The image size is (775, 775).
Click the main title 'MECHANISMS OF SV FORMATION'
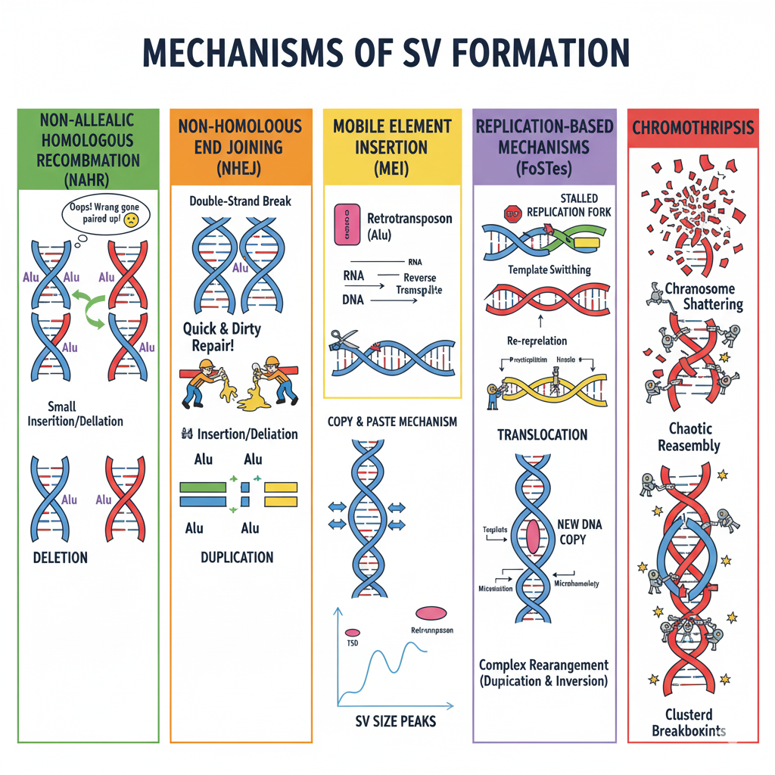tap(387, 52)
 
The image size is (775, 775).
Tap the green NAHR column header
tap(88, 150)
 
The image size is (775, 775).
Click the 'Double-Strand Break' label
tap(240, 202)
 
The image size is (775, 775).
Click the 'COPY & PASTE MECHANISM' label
tap(392, 422)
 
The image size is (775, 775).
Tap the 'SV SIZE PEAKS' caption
tap(395, 721)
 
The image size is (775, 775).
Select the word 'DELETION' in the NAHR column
tap(61, 558)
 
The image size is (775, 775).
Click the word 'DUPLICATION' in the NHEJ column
tap(237, 557)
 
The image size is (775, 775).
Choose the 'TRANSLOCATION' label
tap(542, 434)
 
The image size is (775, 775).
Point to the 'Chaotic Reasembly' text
tap(689, 437)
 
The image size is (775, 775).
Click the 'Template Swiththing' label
tap(539, 269)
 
